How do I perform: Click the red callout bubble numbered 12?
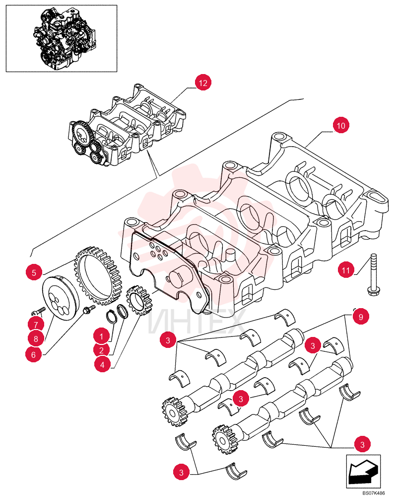click(x=203, y=83)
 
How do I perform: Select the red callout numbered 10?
click(x=341, y=126)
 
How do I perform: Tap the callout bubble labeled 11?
click(x=346, y=270)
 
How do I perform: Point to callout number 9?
click(x=361, y=316)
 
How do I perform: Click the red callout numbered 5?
click(x=34, y=272)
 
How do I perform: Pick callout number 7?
click(x=36, y=325)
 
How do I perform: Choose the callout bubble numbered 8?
click(x=36, y=339)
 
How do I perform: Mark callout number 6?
click(x=34, y=354)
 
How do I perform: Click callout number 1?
click(x=102, y=336)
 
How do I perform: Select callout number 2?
click(x=102, y=350)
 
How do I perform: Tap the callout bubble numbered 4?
click(x=102, y=364)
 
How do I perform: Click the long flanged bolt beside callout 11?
click(x=374, y=274)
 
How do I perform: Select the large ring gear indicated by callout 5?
click(x=97, y=275)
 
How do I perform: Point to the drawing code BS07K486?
click(x=374, y=493)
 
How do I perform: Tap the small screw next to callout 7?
click(x=38, y=311)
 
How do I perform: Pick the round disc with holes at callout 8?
click(x=60, y=298)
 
